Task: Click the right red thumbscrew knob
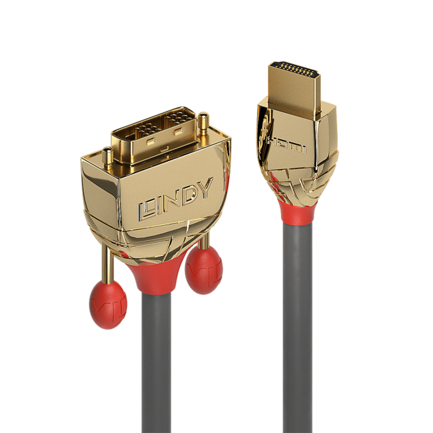204,270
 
